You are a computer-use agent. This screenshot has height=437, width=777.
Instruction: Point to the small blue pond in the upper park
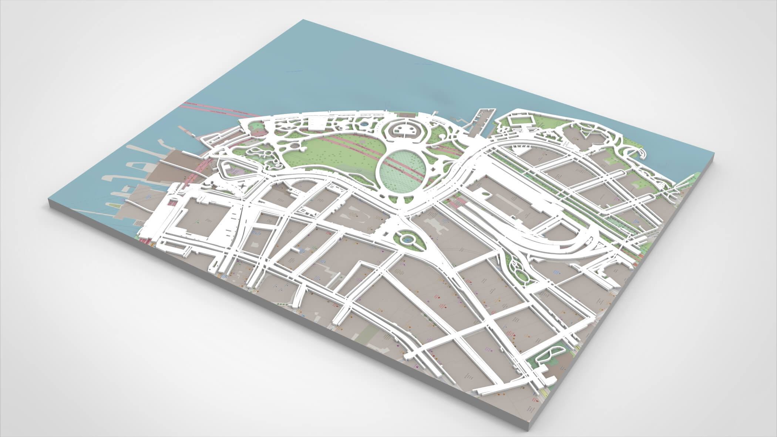pos(364,125)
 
